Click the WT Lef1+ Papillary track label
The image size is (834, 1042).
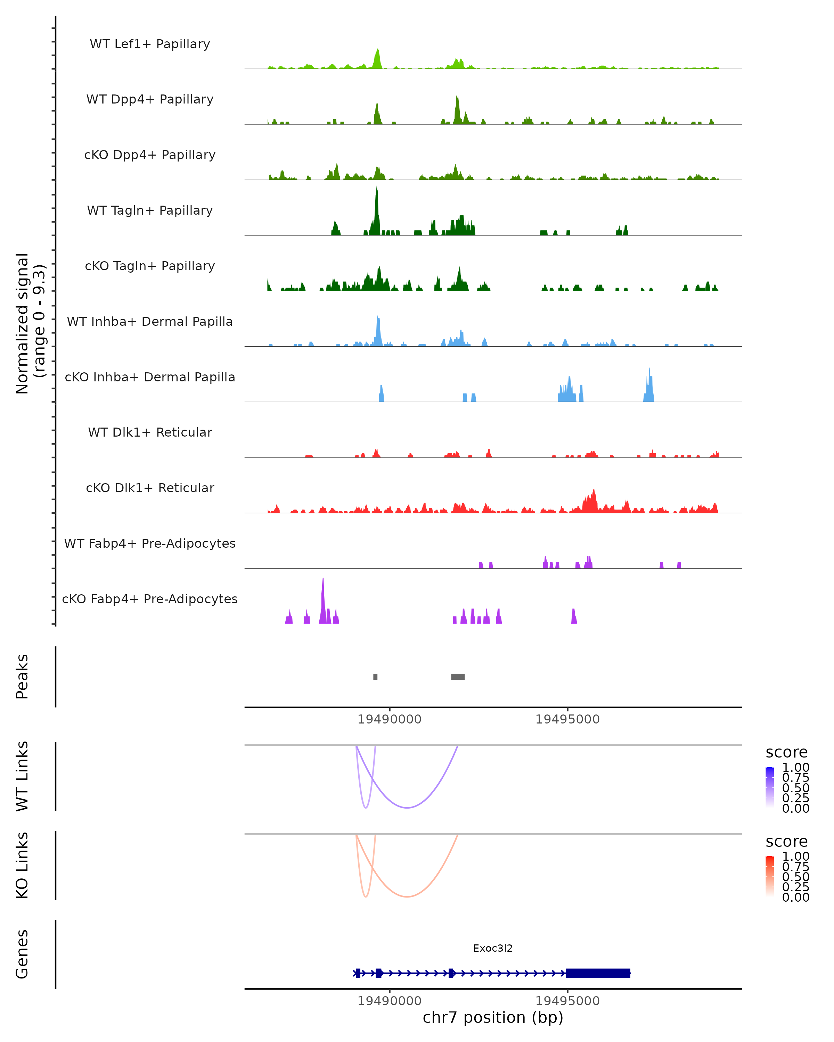[150, 44]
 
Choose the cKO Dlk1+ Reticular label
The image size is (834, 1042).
[150, 488]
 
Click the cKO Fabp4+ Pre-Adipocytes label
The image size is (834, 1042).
[150, 599]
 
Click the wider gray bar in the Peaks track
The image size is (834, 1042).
[458, 677]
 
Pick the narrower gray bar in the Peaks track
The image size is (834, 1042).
[376, 677]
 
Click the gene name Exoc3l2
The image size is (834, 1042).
[493, 948]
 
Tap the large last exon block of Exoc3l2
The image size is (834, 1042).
[598, 973]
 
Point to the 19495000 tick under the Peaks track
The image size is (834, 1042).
[567, 719]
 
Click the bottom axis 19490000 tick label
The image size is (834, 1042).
[389, 1001]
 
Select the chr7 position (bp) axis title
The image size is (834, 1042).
[493, 1017]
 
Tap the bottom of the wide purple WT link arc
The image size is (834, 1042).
[408, 808]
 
